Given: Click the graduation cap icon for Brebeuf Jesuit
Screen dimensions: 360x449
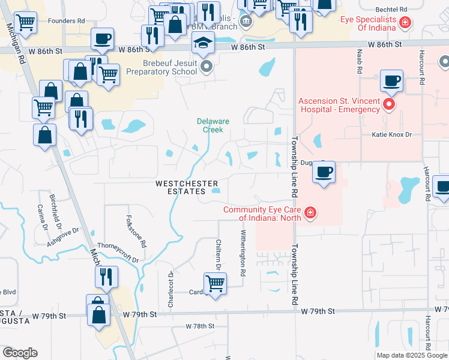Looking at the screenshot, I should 203,43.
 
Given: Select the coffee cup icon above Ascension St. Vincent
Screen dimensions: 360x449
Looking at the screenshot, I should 391,81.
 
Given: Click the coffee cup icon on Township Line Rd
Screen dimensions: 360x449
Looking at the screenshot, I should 324,172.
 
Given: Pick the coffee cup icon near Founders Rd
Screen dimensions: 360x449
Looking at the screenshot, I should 102,40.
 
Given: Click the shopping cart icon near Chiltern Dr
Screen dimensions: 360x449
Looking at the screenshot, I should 215,283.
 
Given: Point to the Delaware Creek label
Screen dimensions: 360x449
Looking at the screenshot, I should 213,125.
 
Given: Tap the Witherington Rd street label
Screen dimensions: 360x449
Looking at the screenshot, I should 243,253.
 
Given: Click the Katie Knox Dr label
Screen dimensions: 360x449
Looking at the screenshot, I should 391,135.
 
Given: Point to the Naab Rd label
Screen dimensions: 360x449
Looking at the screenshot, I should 360,62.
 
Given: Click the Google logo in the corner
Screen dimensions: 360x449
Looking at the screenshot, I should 20,353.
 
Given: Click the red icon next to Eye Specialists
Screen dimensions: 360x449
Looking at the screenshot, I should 406,23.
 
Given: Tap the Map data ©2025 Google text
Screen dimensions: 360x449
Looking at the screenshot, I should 411,355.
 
